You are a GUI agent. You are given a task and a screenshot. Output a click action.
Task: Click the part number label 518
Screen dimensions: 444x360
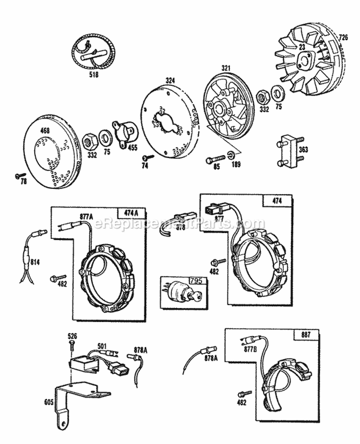pos(91,75)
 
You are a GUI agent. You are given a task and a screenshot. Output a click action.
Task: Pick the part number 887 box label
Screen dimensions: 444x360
pos(305,335)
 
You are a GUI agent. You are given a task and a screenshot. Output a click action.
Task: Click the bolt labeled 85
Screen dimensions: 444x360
pos(215,159)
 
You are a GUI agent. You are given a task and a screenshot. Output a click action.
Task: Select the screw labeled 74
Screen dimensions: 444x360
pos(147,158)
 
